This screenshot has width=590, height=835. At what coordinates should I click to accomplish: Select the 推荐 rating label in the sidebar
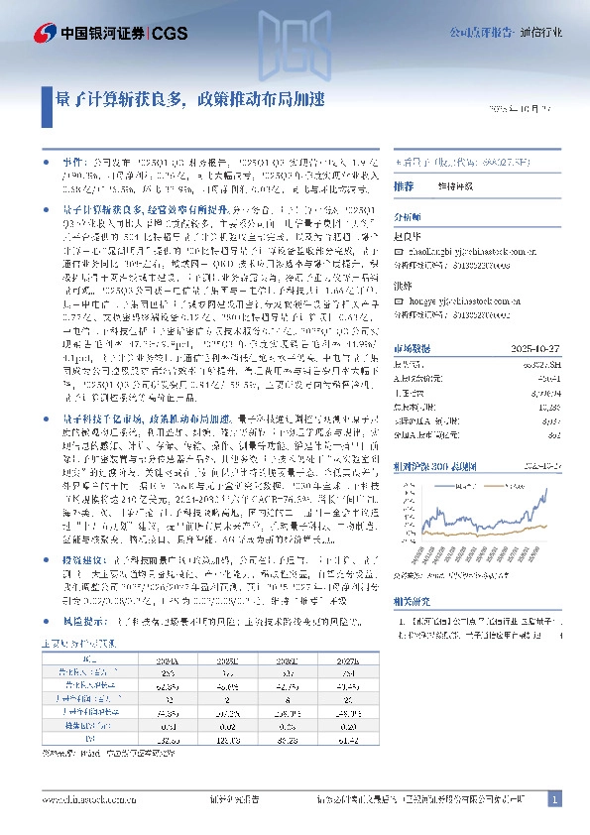(x=404, y=186)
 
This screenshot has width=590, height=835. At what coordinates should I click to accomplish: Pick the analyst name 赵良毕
(x=408, y=236)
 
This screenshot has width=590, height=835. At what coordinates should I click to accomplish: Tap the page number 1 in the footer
(x=554, y=798)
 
